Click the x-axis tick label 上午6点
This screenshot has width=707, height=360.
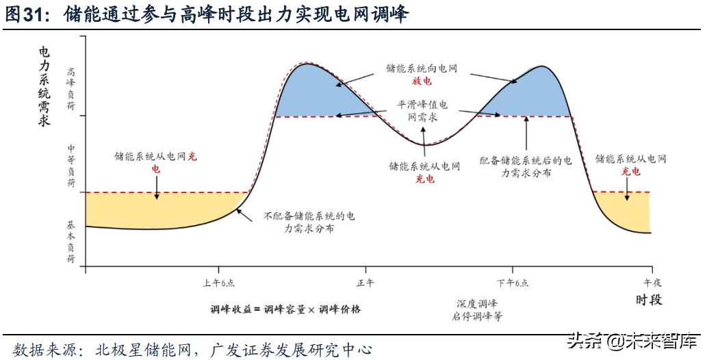[218, 283]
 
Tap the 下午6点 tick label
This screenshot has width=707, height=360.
[513, 283]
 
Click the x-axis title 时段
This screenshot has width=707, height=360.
[648, 300]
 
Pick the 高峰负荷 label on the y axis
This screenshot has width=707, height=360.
[71, 89]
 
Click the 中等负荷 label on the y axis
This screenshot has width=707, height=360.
[71, 166]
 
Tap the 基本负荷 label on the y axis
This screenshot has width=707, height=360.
[71, 242]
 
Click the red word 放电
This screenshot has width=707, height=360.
[422, 81]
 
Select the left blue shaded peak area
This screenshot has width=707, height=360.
[308, 92]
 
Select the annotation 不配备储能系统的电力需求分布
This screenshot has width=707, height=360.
[309, 222]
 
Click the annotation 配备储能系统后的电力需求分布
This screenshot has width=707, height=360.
[526, 167]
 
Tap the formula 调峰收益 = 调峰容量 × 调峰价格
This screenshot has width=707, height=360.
[285, 309]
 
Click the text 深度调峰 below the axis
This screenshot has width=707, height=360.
[477, 303]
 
